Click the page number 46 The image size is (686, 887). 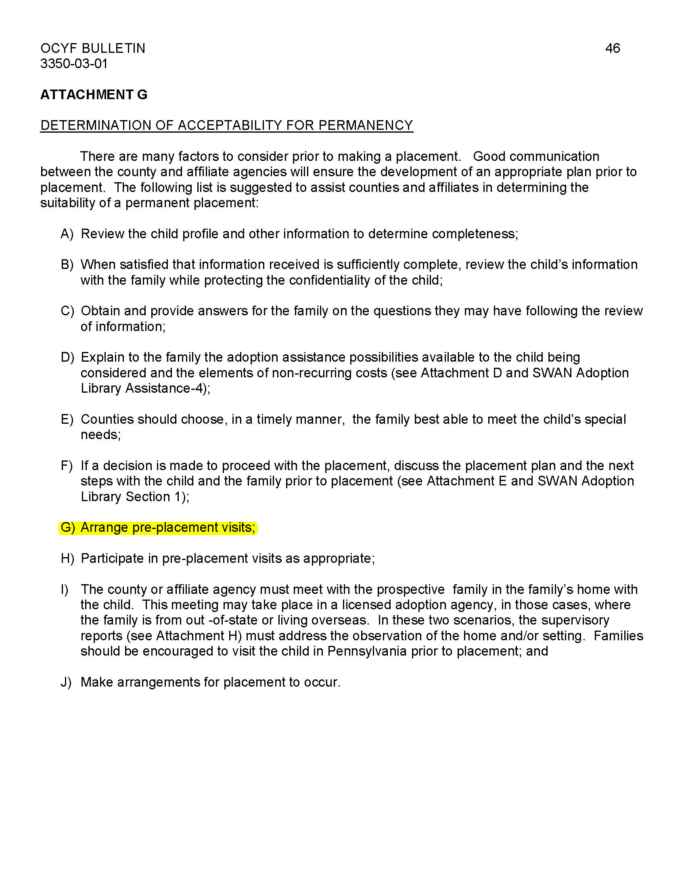tap(612, 48)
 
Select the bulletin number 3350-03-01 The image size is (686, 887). tap(74, 64)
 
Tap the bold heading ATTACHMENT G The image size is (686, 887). tap(94, 95)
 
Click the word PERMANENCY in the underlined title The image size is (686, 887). tap(365, 125)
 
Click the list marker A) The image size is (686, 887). tap(67, 234)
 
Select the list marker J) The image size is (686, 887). tap(66, 682)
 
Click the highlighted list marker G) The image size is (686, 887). tap(67, 528)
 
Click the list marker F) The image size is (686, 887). tap(66, 465)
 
